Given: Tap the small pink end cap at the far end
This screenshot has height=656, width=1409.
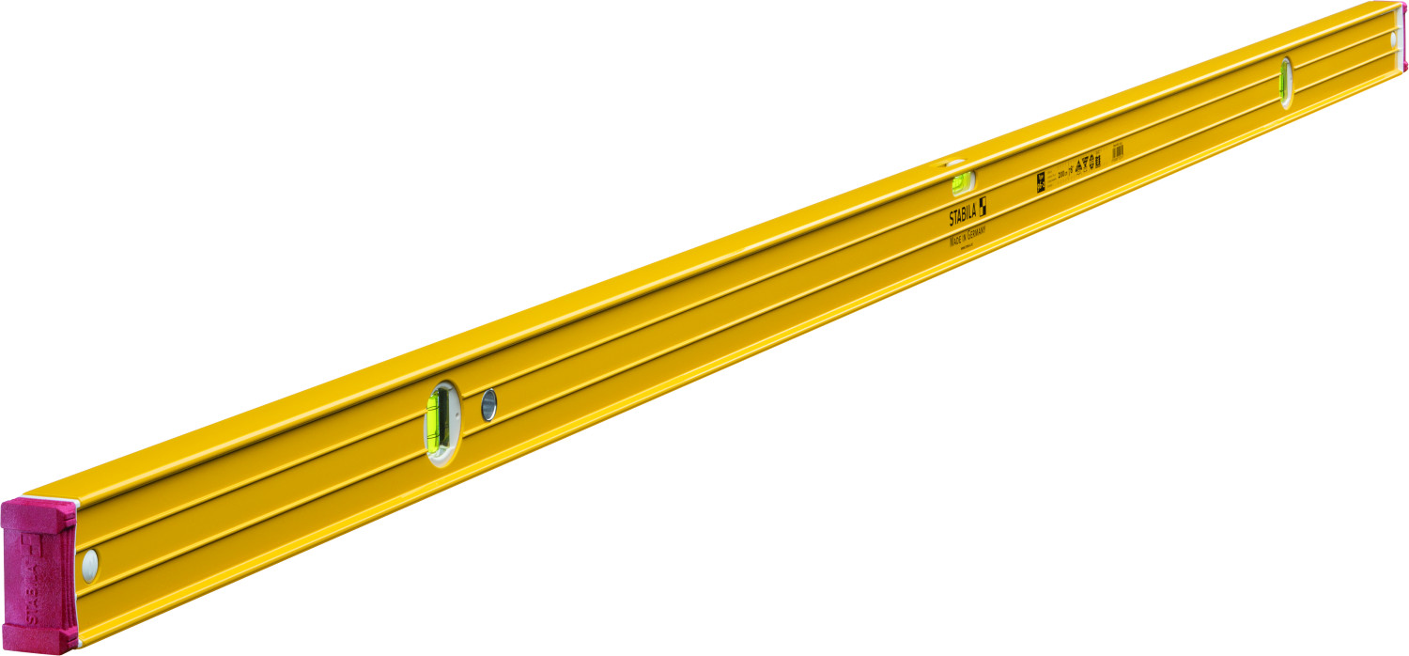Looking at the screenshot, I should [x=1403, y=36].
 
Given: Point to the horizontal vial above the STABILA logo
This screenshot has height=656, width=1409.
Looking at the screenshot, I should [x=961, y=180].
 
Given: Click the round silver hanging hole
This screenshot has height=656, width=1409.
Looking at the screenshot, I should [x=488, y=405].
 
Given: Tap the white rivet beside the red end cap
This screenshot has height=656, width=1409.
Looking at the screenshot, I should [x=90, y=565].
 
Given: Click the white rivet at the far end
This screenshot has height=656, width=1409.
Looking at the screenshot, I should [x=1394, y=40].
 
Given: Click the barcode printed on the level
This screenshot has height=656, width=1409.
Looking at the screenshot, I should [x=1118, y=151].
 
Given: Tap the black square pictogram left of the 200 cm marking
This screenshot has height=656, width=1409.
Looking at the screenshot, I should [x=1041, y=180].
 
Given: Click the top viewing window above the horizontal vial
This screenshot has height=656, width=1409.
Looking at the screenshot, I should [x=954, y=166].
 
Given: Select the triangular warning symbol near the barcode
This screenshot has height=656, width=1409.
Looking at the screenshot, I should [x=1080, y=164].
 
